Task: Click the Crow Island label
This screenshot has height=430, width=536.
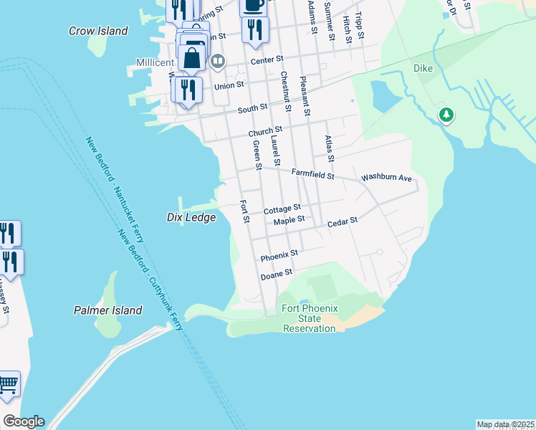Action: click(98, 31)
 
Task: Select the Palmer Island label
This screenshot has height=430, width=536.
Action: click(108, 310)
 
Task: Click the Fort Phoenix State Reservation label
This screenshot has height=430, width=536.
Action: click(310, 318)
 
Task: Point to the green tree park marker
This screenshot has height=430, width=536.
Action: click(446, 115)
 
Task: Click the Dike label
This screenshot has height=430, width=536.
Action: click(423, 69)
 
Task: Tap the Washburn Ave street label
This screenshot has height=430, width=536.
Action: click(386, 177)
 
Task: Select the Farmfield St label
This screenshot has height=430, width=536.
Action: click(313, 173)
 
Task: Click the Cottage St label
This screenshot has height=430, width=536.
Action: click(282, 210)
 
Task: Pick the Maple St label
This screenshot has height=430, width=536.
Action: click(289, 219)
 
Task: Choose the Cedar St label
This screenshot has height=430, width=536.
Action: click(342, 223)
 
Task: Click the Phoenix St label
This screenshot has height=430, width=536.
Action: click(279, 256)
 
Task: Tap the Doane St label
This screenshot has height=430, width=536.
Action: click(277, 274)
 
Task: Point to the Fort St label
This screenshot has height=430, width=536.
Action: click(244, 211)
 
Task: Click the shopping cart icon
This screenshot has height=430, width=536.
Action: click(8, 385)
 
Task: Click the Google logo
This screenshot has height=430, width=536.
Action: click(24, 421)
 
